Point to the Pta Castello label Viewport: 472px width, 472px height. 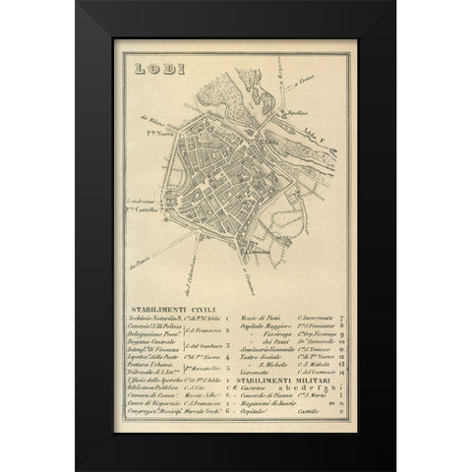point(141,213)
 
